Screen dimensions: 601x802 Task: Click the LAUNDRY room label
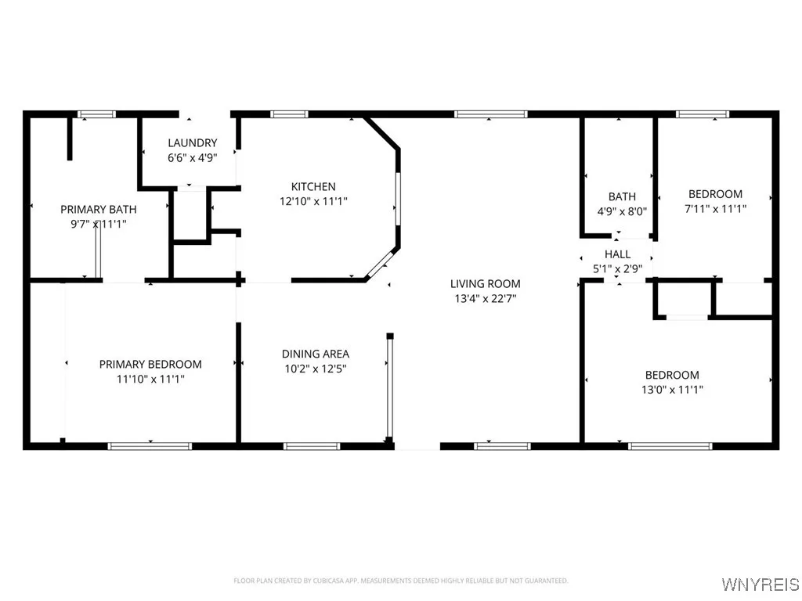192,143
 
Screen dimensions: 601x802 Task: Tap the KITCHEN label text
313,187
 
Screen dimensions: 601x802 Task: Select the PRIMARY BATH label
99,210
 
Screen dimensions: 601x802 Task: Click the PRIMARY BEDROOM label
150,365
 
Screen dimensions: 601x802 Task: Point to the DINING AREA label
316,354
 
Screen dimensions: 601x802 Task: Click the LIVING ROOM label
485,284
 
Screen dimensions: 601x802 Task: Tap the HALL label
617,254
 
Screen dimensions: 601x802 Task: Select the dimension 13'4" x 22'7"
485,298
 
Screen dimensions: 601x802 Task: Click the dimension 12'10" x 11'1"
313,201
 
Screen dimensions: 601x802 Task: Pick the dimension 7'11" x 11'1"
715,209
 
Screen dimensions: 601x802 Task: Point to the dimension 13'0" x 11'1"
672,389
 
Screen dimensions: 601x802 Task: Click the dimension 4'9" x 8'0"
622,211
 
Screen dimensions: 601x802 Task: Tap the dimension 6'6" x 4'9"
192,157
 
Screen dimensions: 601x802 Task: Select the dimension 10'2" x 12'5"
316,369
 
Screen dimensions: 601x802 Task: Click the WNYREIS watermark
760,585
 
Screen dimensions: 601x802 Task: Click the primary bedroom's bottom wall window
150,446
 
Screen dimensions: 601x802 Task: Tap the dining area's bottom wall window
312,446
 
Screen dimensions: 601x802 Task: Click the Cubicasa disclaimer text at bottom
400,581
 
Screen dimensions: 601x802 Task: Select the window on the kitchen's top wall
289,114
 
